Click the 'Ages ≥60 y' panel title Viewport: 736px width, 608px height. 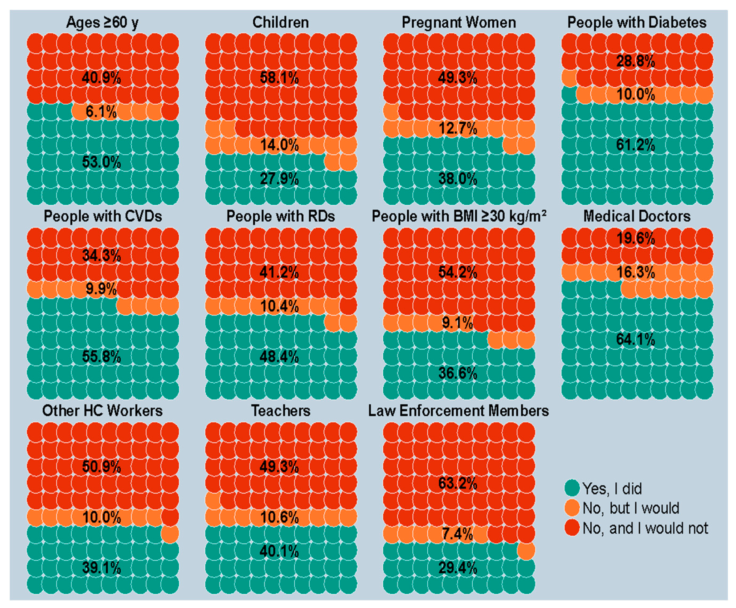pos(102,23)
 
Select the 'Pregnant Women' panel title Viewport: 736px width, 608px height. pos(459,23)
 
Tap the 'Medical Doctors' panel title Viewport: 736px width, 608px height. pos(637,216)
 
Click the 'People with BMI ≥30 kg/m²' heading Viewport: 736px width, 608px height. pos(459,216)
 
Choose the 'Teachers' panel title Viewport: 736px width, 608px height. pos(281,411)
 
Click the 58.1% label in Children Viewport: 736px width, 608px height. pos(279,78)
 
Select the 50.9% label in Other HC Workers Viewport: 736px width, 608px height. pos(101,467)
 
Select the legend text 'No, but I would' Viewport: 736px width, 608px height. pos(631,508)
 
